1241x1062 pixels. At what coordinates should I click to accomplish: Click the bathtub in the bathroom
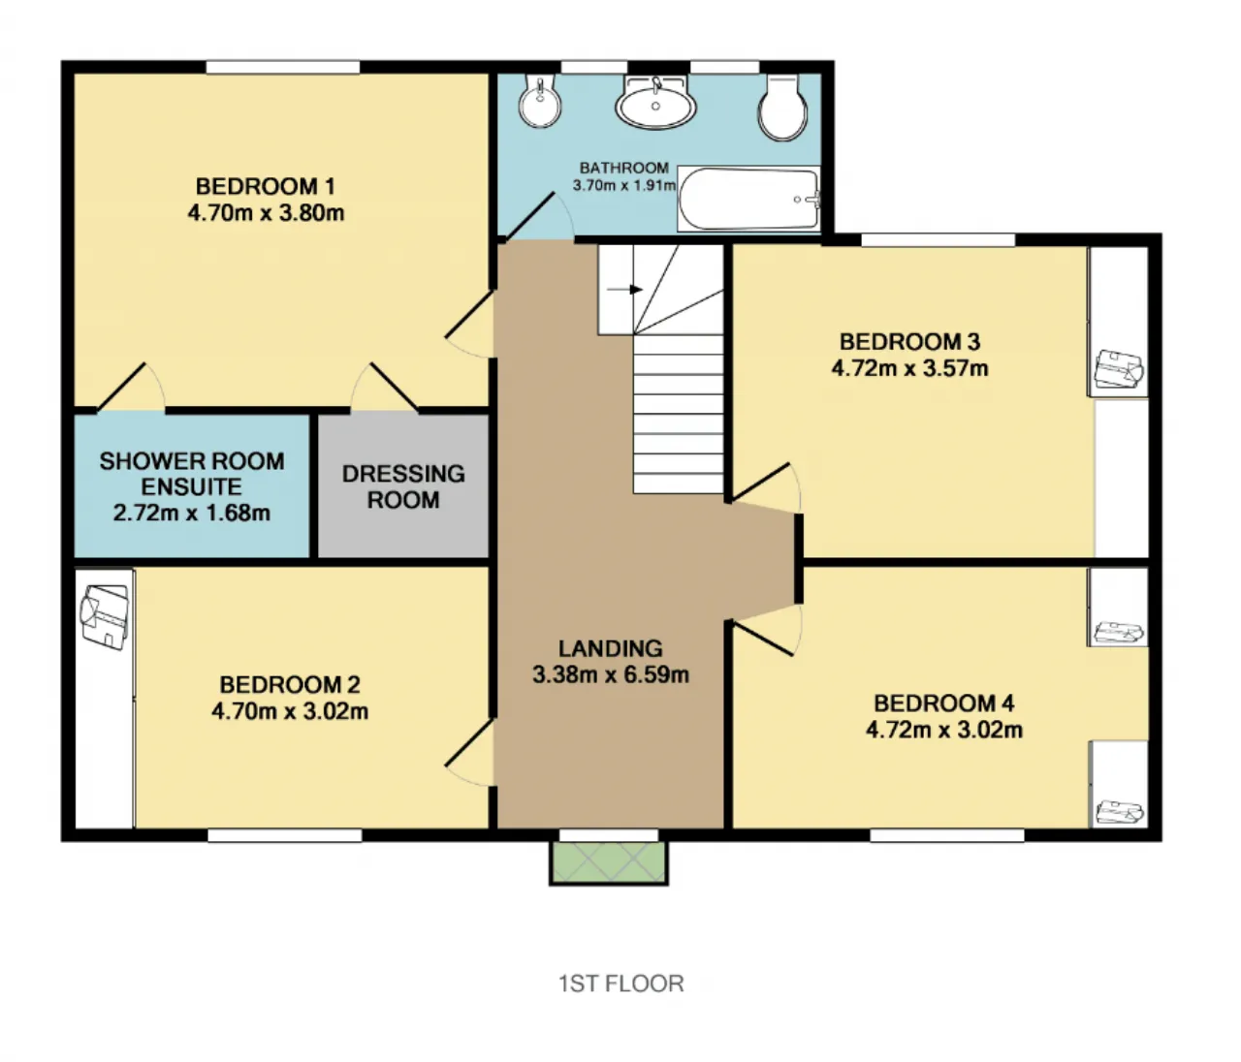pyautogui.click(x=748, y=199)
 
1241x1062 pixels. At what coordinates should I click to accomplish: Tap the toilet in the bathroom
pyautogui.click(x=783, y=107)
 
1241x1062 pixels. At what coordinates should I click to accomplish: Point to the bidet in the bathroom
pyautogui.click(x=540, y=101)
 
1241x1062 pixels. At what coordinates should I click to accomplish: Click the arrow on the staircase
pyautogui.click(x=624, y=290)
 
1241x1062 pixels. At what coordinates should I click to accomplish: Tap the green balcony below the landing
pyautogui.click(x=609, y=862)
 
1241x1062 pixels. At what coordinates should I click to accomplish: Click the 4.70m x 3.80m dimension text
pyautogui.click(x=266, y=213)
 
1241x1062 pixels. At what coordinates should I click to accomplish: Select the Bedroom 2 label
pyautogui.click(x=289, y=685)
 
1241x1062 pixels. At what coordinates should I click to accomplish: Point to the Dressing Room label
pyautogui.click(x=403, y=486)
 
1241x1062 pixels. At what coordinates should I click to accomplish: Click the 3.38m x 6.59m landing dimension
pyautogui.click(x=611, y=674)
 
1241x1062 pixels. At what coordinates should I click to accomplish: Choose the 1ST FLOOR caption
pyautogui.click(x=621, y=984)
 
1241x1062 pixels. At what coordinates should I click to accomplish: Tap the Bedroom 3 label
pyautogui.click(x=909, y=341)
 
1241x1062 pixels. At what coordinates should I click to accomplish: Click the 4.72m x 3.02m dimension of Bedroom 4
pyautogui.click(x=944, y=730)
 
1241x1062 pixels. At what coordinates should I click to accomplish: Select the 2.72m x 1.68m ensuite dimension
pyautogui.click(x=192, y=513)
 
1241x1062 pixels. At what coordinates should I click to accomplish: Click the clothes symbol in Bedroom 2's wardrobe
pyautogui.click(x=105, y=617)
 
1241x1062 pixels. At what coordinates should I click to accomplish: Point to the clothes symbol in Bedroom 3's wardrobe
pyautogui.click(x=1118, y=371)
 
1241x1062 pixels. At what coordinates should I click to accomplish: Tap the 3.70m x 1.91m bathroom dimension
pyautogui.click(x=624, y=185)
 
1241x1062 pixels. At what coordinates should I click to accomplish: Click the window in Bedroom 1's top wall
pyautogui.click(x=283, y=67)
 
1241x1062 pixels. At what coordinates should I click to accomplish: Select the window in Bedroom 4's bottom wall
pyautogui.click(x=947, y=834)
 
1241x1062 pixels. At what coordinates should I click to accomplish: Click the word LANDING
pyautogui.click(x=611, y=648)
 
